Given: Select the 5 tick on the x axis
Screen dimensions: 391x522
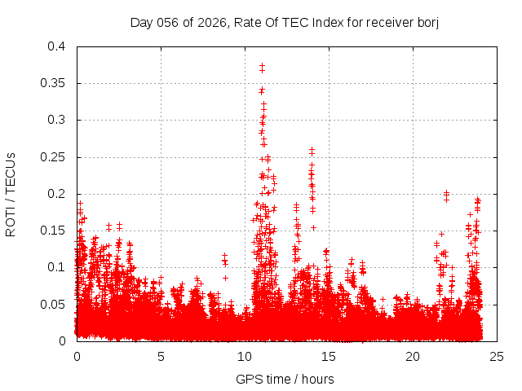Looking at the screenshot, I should point(161,356).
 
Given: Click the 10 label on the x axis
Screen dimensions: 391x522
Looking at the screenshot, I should point(245,356).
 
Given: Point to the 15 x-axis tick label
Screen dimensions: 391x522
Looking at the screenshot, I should point(329,356).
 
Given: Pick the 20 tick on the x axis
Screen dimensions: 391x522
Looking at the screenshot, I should point(413,356).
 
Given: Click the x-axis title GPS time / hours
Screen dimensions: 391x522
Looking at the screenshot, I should point(285,379).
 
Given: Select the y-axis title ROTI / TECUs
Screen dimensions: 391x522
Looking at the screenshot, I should point(11,194).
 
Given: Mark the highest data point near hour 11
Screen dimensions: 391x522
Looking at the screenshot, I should point(262,66).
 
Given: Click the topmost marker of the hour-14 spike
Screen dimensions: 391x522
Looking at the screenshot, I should point(312,150).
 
